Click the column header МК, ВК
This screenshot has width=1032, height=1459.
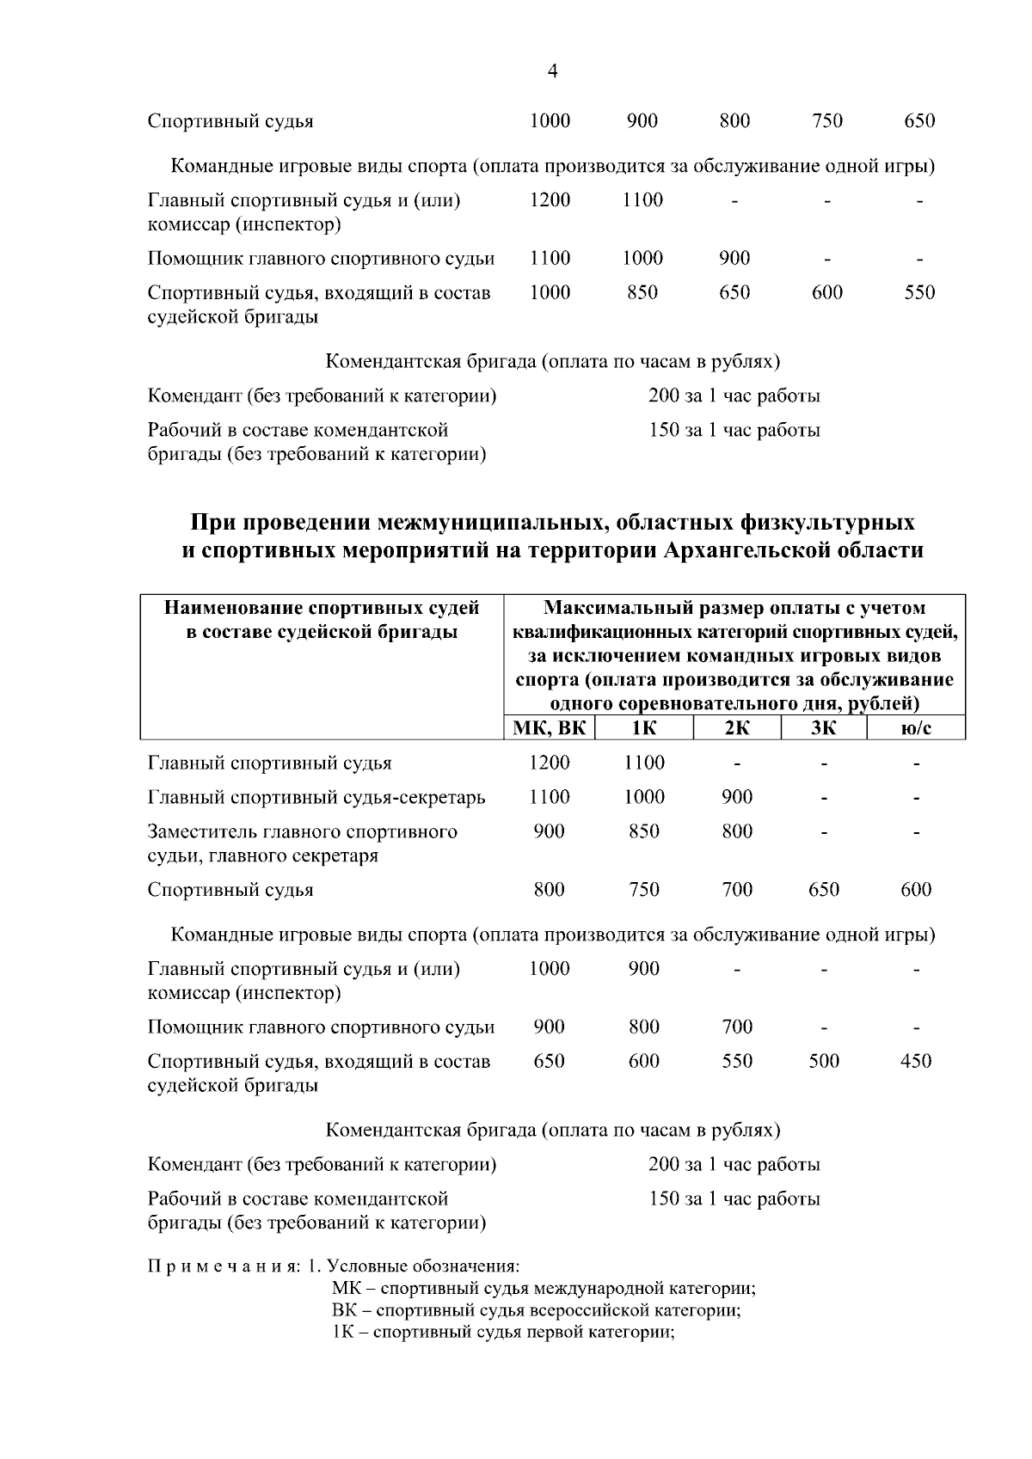tap(549, 728)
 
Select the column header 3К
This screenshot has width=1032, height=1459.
tap(823, 728)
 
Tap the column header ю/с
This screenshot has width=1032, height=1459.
tap(916, 728)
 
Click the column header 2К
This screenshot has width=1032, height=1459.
tap(737, 728)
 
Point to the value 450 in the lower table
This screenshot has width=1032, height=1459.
tap(916, 1061)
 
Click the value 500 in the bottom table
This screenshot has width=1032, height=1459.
tap(823, 1061)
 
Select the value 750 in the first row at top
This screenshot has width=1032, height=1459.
tap(826, 120)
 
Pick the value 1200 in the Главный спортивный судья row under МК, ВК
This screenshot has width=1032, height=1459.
tap(549, 763)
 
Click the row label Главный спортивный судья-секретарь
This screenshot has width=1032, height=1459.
tap(316, 797)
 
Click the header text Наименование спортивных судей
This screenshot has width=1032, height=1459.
tap(322, 608)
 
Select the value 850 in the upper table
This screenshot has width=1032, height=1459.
tap(642, 292)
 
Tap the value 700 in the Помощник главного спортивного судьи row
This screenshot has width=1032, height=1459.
tap(737, 1027)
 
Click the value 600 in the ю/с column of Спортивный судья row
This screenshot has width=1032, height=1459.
tap(916, 889)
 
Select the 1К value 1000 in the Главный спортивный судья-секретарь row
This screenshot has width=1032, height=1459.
tap(643, 797)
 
